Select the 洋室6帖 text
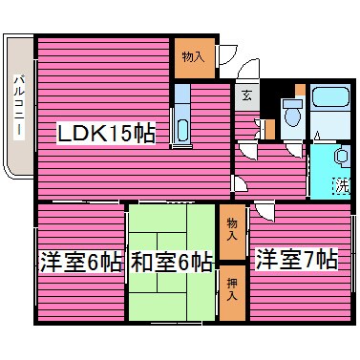point(80,261)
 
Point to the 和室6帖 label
point(172,261)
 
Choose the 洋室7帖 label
point(295,258)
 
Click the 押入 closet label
point(232,290)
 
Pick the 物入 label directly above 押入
point(232,229)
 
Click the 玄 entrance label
point(245,95)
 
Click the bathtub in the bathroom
point(331,99)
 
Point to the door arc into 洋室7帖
point(264,206)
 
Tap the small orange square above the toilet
point(300,90)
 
